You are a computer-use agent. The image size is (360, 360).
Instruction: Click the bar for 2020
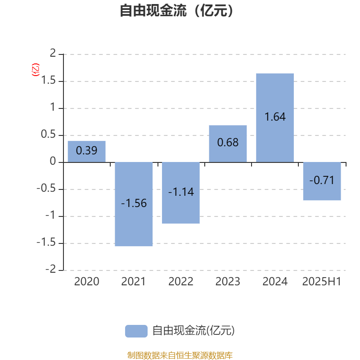[x=86, y=152]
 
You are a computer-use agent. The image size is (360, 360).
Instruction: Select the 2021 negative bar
[x=134, y=204]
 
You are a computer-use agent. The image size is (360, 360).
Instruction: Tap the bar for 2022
[x=181, y=193]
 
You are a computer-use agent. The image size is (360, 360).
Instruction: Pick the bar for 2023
[x=228, y=144]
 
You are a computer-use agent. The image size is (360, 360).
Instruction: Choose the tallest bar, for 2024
[x=275, y=118]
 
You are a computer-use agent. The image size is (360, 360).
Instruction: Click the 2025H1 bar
[x=322, y=181]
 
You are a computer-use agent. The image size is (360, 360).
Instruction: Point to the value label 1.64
[x=275, y=117]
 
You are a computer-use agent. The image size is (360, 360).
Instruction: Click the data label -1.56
[x=134, y=203]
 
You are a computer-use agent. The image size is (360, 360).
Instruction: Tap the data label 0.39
[x=86, y=150]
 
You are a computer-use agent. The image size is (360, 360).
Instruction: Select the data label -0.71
[x=322, y=180]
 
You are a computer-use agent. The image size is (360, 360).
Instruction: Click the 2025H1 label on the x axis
[x=322, y=282]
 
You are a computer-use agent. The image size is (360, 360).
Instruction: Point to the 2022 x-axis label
[x=181, y=282]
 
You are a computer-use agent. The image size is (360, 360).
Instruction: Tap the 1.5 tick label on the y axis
[x=48, y=81]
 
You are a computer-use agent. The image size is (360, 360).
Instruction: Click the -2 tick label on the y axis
[x=51, y=269]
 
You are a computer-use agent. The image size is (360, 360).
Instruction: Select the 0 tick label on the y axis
[x=53, y=161]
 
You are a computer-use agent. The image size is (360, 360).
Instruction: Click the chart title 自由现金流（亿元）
[x=177, y=10]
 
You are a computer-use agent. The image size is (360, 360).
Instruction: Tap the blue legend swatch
[x=136, y=331]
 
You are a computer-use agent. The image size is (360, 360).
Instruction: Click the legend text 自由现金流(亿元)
[x=193, y=331]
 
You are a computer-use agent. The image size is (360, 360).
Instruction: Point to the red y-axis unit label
[x=36, y=70]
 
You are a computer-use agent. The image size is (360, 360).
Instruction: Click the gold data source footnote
[x=180, y=355]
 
